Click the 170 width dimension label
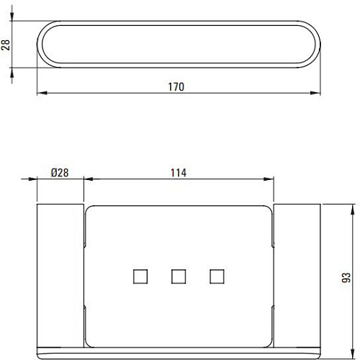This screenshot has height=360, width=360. [176, 87]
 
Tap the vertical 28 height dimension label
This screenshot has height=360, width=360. [6, 45]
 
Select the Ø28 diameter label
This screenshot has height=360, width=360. [60, 173]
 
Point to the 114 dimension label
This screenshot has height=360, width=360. [179, 173]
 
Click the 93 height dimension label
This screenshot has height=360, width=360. [346, 278]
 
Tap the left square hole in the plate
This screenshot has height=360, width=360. [140, 276]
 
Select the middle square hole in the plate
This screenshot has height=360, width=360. [179, 276]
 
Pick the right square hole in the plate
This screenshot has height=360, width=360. [217, 276]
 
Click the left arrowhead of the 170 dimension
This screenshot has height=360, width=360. [42, 93]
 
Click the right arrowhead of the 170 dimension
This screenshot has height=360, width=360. [315, 93]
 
